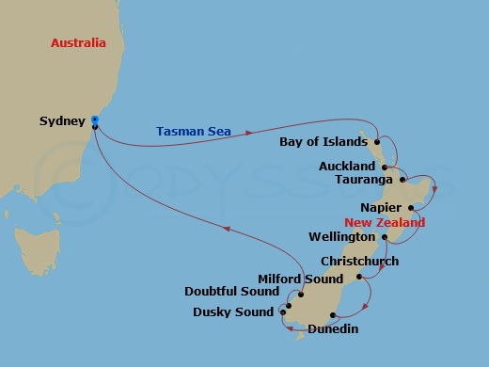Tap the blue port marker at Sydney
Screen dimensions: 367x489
pyautogui.click(x=95, y=120)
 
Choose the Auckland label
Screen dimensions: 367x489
pyautogui.click(x=346, y=166)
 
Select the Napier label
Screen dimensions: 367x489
pyautogui.click(x=381, y=207)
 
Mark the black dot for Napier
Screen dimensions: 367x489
pyautogui.click(x=410, y=207)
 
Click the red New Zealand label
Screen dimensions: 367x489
pyautogui.click(x=385, y=223)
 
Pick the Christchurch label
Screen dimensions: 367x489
pyautogui.click(x=359, y=261)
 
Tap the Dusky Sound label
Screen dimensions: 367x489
pyautogui.click(x=233, y=311)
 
